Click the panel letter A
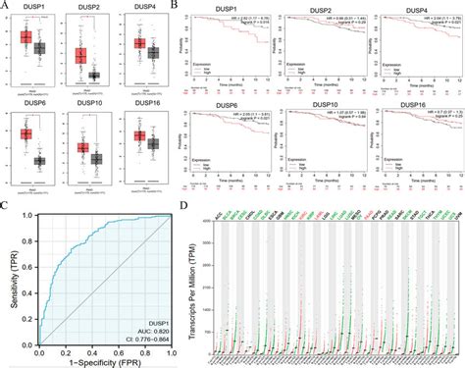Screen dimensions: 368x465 [x=6, y=7]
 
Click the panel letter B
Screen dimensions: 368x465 [x=176, y=7]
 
